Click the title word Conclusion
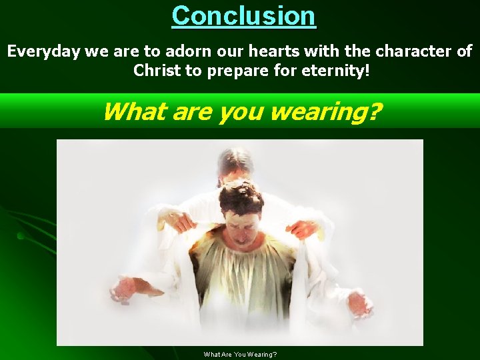(x=243, y=15)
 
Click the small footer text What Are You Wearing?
(x=240, y=354)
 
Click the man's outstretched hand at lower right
(x=359, y=304)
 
